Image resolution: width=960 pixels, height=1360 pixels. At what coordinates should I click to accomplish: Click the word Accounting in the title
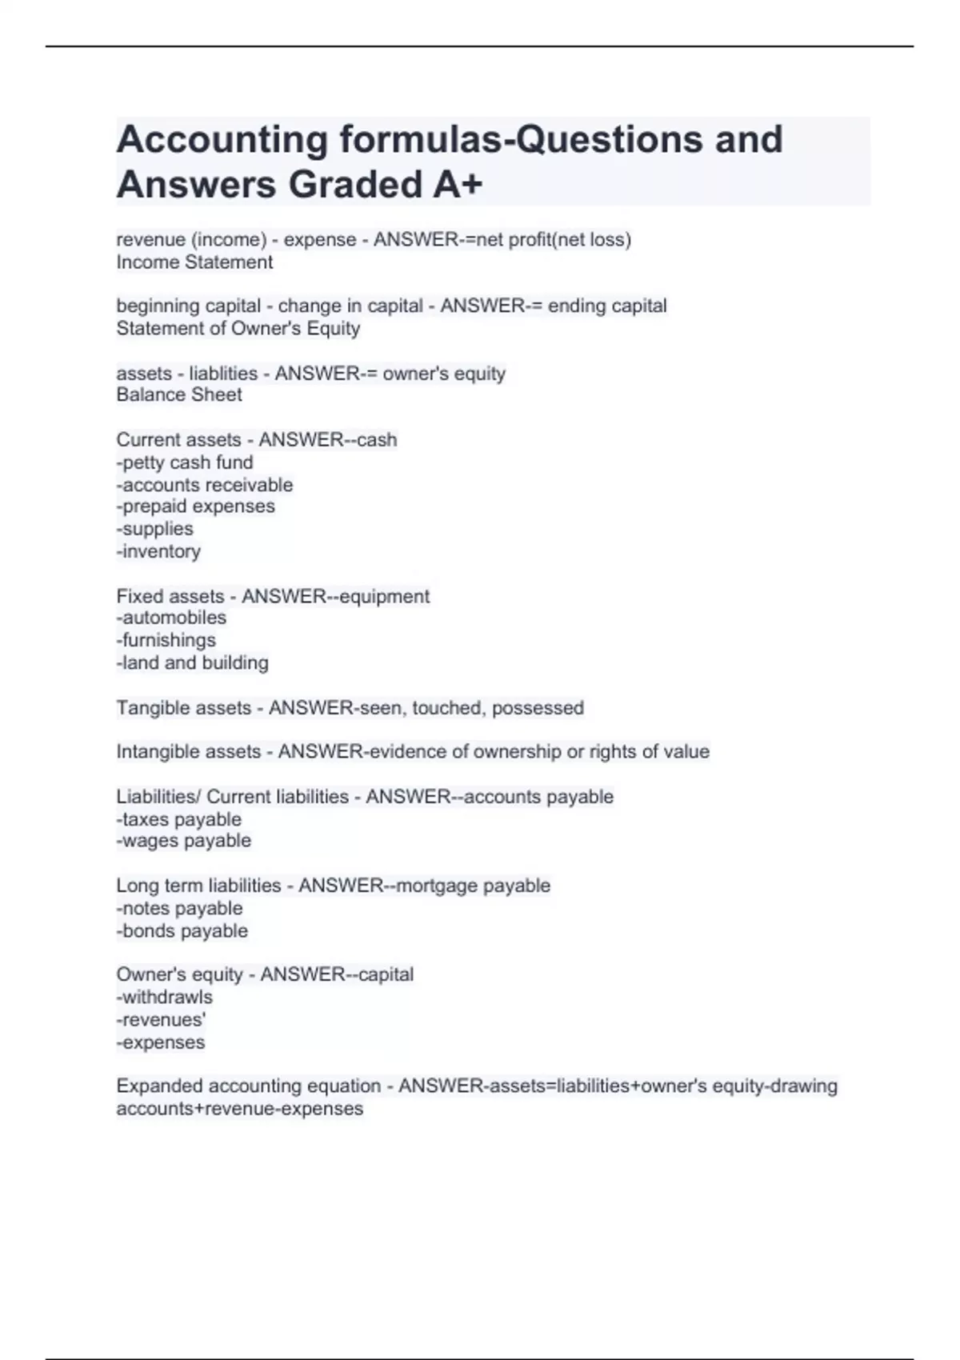pyautogui.click(x=222, y=140)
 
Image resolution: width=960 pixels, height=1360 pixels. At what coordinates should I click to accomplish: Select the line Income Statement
pyautogui.click(x=194, y=262)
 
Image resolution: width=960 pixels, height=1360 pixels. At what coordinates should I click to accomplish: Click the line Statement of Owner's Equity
pyautogui.click(x=238, y=329)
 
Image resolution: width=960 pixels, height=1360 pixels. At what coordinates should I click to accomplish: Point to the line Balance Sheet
pyautogui.click(x=179, y=395)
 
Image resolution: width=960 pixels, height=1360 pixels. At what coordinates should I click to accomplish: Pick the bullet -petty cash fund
pyautogui.click(x=185, y=462)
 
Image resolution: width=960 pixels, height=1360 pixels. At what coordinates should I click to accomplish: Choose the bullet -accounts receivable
pyautogui.click(x=205, y=485)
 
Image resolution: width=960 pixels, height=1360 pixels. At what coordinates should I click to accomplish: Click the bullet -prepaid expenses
pyautogui.click(x=195, y=506)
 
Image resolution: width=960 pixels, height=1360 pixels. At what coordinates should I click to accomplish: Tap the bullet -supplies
pyautogui.click(x=155, y=529)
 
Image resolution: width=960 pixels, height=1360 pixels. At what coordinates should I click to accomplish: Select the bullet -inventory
pyautogui.click(x=158, y=551)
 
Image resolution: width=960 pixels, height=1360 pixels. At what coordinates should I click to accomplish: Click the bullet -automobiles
pyautogui.click(x=171, y=618)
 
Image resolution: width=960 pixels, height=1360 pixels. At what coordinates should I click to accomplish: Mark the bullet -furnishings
pyautogui.click(x=166, y=640)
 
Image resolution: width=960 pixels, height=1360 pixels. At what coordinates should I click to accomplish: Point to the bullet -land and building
pyautogui.click(x=193, y=662)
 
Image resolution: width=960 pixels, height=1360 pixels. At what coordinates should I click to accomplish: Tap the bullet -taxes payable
pyautogui.click(x=178, y=819)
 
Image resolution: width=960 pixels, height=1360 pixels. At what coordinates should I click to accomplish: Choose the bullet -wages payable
pyautogui.click(x=184, y=841)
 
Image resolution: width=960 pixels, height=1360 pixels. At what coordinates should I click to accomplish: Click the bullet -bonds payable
pyautogui.click(x=182, y=931)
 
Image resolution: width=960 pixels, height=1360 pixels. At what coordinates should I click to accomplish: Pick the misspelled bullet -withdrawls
pyautogui.click(x=165, y=998)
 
